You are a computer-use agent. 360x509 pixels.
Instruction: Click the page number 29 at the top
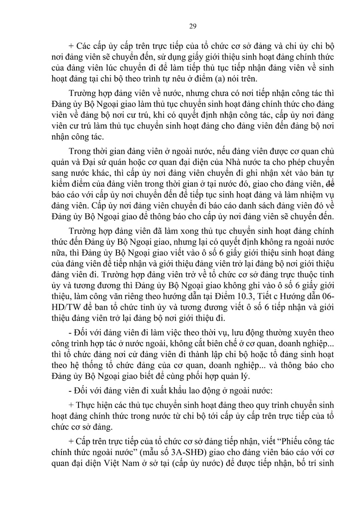pos(192,26)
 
